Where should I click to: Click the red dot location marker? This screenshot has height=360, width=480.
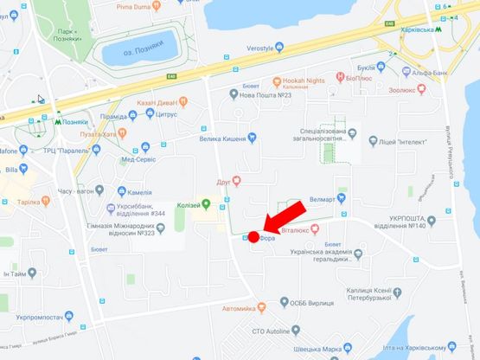point(254,237)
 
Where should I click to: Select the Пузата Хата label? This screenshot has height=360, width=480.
point(96,133)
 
